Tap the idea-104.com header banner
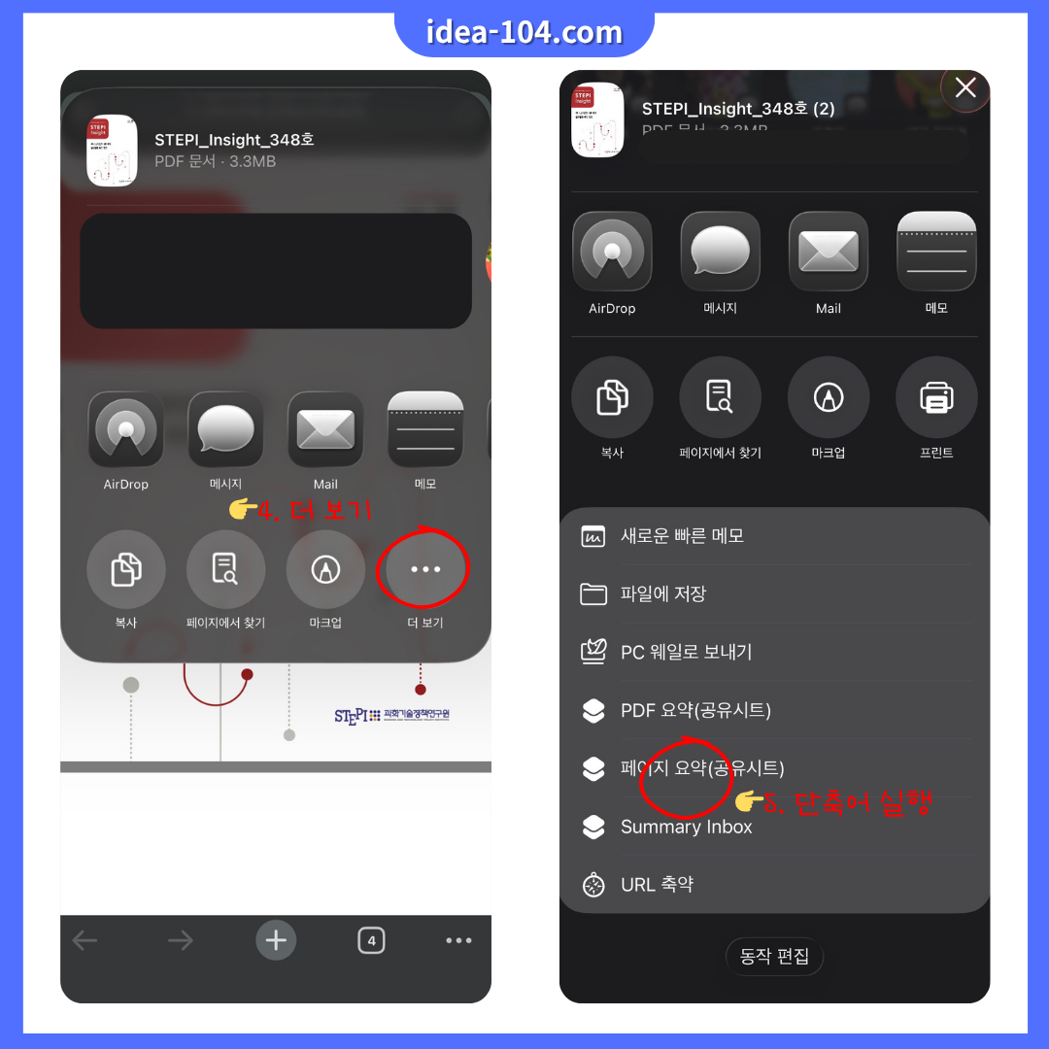point(524,32)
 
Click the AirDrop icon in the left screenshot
point(125,430)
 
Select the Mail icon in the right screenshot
point(828,252)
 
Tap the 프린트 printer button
point(936,396)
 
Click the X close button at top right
point(965,88)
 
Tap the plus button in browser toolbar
point(277,939)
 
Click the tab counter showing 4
point(371,940)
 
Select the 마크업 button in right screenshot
point(828,396)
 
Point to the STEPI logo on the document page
point(391,716)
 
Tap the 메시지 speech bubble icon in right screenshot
point(720,252)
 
